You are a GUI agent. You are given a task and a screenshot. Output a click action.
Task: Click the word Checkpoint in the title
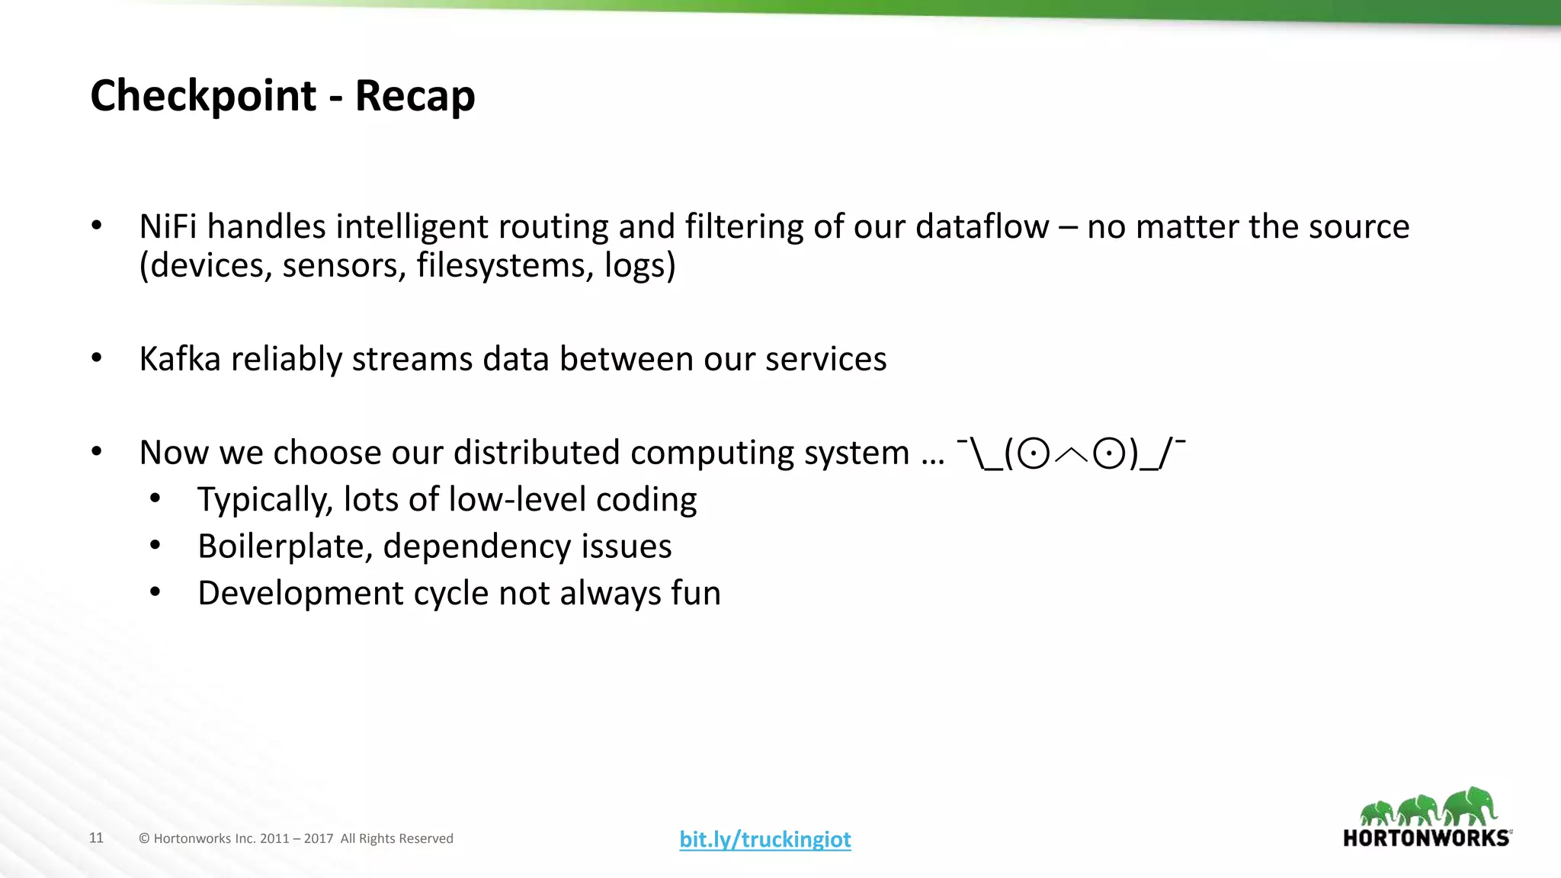(x=203, y=96)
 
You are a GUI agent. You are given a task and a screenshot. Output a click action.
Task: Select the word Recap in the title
(x=415, y=96)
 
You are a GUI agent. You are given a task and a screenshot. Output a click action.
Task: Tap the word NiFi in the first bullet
(x=168, y=226)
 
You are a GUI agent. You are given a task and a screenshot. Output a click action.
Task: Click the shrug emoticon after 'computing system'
(x=1071, y=453)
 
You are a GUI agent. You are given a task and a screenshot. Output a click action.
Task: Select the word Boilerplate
(x=284, y=546)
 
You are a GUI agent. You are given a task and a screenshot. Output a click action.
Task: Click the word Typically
(x=264, y=500)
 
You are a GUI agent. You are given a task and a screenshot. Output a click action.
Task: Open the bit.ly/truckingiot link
(x=765, y=839)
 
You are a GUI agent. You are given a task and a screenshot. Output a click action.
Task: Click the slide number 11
(x=96, y=838)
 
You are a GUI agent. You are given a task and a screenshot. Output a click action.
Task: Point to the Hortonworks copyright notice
(x=296, y=838)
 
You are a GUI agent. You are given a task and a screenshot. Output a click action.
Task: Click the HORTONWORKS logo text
(x=1426, y=838)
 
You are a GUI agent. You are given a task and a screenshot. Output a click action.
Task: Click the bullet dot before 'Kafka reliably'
(x=96, y=358)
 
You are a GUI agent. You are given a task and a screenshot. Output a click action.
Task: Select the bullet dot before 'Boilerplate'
(x=155, y=546)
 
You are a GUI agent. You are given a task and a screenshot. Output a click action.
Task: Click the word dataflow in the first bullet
(x=982, y=226)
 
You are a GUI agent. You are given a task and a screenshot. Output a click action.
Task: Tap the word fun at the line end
(x=695, y=593)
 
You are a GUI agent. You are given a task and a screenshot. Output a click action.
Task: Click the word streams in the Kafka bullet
(x=412, y=358)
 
